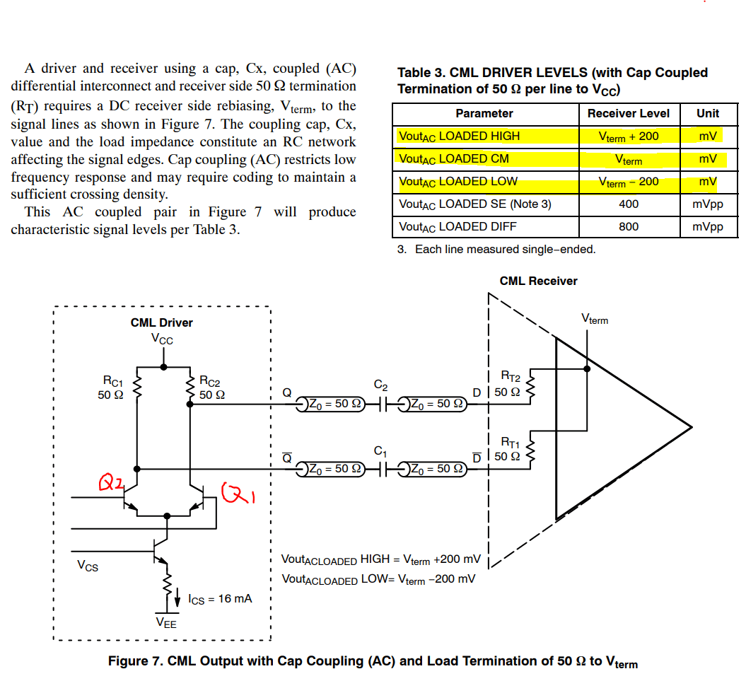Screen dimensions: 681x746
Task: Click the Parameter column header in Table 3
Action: pyautogui.click(x=484, y=113)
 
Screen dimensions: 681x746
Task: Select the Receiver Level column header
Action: pyautogui.click(x=629, y=113)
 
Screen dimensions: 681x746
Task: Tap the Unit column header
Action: pyautogui.click(x=708, y=113)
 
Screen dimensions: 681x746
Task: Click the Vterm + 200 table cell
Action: pyautogui.click(x=629, y=136)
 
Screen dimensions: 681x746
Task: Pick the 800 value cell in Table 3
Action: pyautogui.click(x=629, y=226)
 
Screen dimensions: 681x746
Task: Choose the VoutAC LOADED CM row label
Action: pyautogui.click(x=454, y=159)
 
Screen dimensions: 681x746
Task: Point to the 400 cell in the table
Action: pyautogui.click(x=629, y=204)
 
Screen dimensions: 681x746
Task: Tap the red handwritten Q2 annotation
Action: pyautogui.click(x=111, y=484)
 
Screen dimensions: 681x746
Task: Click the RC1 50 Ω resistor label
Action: pyautogui.click(x=111, y=388)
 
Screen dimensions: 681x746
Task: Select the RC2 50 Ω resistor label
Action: pyautogui.click(x=211, y=388)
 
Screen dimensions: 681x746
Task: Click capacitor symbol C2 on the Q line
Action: pyautogui.click(x=381, y=404)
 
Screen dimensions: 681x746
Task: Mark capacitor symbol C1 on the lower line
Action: pyautogui.click(x=381, y=468)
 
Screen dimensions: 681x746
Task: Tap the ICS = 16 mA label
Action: pyautogui.click(x=220, y=599)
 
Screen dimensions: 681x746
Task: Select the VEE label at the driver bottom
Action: pyautogui.click(x=166, y=623)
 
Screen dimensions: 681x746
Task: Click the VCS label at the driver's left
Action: pyautogui.click(x=88, y=566)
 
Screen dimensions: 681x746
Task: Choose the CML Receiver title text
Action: pyautogui.click(x=538, y=281)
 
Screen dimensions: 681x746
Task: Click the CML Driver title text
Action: pyautogui.click(x=161, y=322)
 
